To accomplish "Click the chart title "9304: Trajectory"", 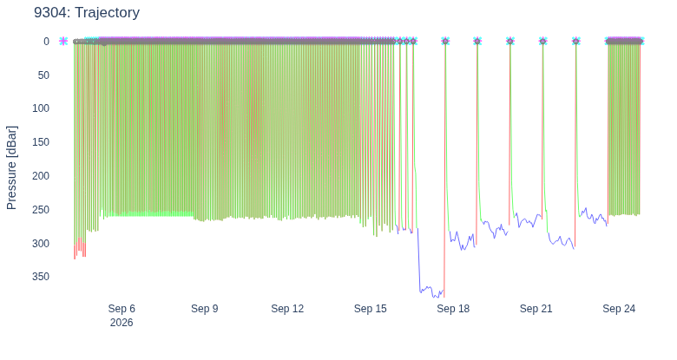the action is pyautogui.click(x=87, y=12).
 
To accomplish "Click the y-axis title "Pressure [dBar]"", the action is pyautogui.click(x=11, y=168).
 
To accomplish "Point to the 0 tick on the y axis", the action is pyautogui.click(x=46, y=42).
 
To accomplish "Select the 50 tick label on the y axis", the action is pyautogui.click(x=43, y=75).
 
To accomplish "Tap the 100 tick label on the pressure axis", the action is pyautogui.click(x=41, y=108).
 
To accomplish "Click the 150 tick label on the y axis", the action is pyautogui.click(x=41, y=142).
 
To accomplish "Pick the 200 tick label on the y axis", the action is pyautogui.click(x=41, y=176).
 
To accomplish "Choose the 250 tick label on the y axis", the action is pyautogui.click(x=41, y=209).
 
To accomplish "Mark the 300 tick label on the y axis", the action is pyautogui.click(x=41, y=243).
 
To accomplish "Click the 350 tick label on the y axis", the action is pyautogui.click(x=41, y=276).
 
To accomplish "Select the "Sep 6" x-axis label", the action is pyautogui.click(x=122, y=309).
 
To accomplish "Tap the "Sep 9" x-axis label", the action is pyautogui.click(x=205, y=309).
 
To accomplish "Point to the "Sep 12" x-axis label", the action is pyautogui.click(x=287, y=309).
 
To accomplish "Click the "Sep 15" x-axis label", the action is pyautogui.click(x=371, y=309).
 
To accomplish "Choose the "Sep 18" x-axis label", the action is pyautogui.click(x=453, y=309).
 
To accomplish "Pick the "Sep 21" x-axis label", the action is pyautogui.click(x=536, y=309).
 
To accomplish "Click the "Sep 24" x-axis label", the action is pyautogui.click(x=619, y=309).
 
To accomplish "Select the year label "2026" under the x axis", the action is pyautogui.click(x=122, y=323).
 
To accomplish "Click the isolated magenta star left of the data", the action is pyautogui.click(x=63, y=41).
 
